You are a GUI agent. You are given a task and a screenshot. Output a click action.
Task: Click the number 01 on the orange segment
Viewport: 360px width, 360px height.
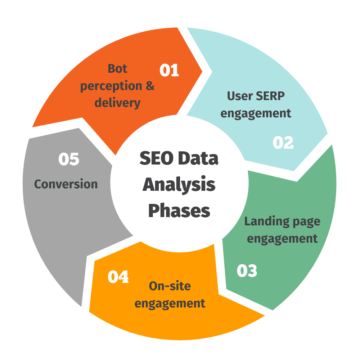[x=169, y=70]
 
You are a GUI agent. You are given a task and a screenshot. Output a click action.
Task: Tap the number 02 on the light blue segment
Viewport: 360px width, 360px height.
[x=283, y=143]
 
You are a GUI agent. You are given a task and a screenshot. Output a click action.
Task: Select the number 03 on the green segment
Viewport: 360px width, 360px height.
[x=247, y=271]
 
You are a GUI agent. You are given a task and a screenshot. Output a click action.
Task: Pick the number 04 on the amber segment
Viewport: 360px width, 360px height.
[x=118, y=277]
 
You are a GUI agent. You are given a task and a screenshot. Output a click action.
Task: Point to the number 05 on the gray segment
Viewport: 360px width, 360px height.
[x=69, y=159]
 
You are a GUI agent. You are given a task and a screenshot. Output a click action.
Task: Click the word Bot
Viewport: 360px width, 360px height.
[x=117, y=68]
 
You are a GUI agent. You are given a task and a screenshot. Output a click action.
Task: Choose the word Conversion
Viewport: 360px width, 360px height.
[x=66, y=184]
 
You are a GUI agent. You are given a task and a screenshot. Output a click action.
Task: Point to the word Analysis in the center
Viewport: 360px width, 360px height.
[x=179, y=185]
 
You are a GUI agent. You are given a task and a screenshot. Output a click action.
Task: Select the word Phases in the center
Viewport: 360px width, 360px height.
[x=179, y=211]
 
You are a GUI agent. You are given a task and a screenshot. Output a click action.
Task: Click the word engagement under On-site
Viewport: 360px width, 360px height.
[x=170, y=303]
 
